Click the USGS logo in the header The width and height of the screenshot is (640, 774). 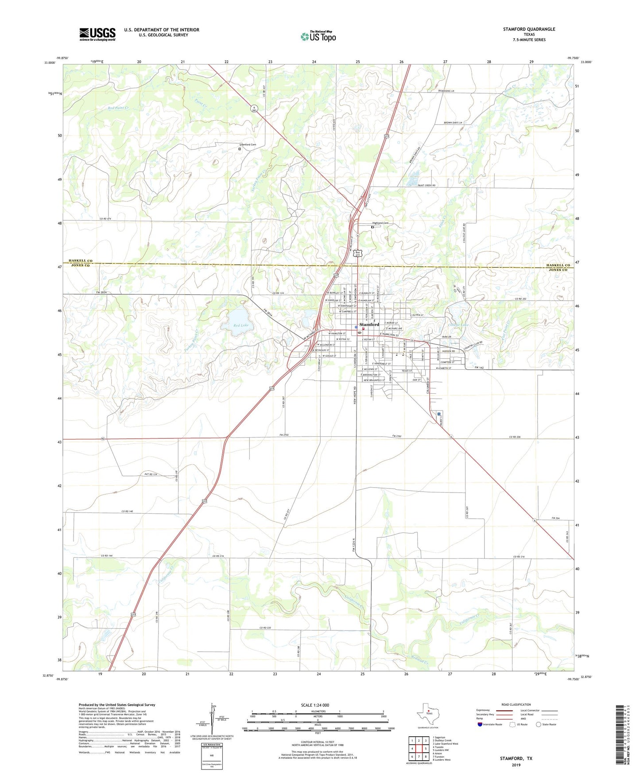tap(97, 34)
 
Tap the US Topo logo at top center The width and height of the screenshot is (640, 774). tap(318, 36)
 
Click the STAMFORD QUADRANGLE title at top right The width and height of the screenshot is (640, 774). tap(529, 29)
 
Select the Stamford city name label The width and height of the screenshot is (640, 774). tap(369, 324)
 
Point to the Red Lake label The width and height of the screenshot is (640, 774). tap(241, 326)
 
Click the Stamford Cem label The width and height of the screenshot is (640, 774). tap(248, 145)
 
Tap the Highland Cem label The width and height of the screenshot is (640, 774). tap(380, 223)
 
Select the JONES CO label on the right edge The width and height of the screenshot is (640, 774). tap(558, 270)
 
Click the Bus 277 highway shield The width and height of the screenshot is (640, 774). tap(357, 253)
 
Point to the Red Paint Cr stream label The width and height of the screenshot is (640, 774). tap(118, 108)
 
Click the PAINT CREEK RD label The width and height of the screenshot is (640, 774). tap(427, 185)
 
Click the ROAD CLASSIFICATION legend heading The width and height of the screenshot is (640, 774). tap(516, 704)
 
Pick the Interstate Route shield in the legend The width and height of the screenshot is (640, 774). tap(480, 724)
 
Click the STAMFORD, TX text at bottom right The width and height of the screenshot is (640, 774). tap(516, 758)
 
